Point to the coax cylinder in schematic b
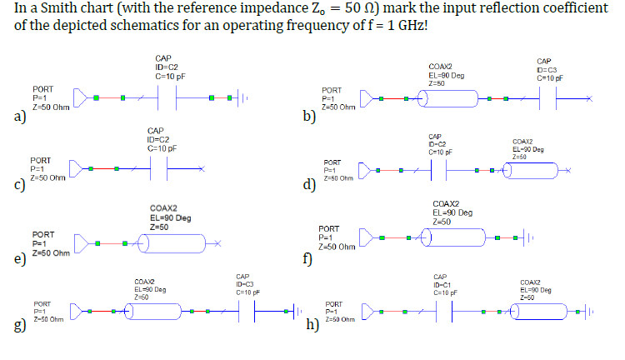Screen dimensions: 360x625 tap(450, 99)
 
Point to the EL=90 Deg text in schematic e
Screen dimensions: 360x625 tap(170, 217)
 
